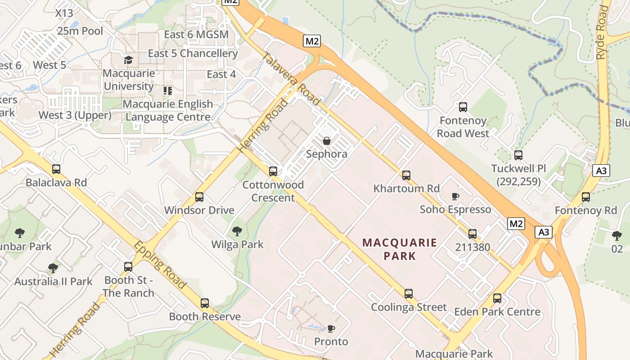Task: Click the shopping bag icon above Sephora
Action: pos(327,141)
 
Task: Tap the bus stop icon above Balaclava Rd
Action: pos(56,169)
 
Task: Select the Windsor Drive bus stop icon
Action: pos(199,197)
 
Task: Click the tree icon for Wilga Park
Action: pos(237,231)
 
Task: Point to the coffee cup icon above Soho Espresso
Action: pos(455,196)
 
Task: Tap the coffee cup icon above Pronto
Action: pos(331,328)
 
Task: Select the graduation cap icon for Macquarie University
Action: pos(129,60)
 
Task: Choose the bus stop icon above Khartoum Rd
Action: pos(406,175)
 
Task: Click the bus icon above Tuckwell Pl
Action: pos(518,155)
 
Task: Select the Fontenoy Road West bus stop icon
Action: pos(463,107)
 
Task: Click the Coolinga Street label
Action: pos(409,307)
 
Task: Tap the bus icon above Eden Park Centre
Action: pos(497,298)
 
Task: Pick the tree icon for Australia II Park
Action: pos(53,268)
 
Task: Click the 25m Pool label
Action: pos(80,31)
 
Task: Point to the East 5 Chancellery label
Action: pos(193,53)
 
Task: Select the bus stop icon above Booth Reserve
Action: pos(205,303)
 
